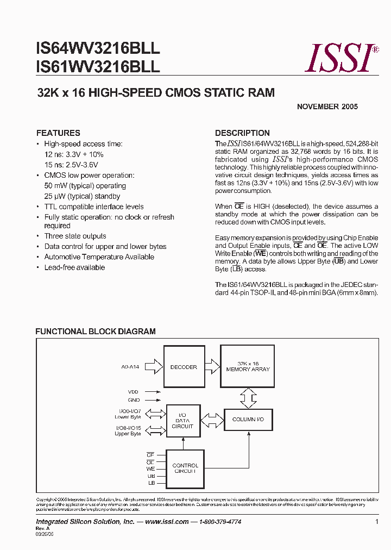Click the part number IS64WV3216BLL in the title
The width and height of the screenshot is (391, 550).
98,48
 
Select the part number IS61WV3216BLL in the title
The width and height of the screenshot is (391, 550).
98,67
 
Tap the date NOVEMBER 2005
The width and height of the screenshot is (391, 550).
327,107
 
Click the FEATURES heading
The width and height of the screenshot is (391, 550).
58,133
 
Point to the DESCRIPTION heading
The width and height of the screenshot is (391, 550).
242,133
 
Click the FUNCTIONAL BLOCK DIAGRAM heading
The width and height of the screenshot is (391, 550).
96,332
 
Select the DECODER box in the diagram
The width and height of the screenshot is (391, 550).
184,367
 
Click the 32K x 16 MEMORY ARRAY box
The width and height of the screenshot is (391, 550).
248,366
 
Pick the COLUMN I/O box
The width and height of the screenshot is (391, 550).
248,420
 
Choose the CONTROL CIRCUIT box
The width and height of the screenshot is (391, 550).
185,468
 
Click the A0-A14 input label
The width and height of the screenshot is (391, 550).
130,367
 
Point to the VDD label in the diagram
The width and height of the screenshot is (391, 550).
134,391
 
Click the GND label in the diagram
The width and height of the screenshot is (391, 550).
134,400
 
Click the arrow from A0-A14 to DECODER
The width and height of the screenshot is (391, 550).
154,367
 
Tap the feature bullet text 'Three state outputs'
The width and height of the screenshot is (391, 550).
75,236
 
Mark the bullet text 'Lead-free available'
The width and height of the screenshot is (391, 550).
74,268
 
